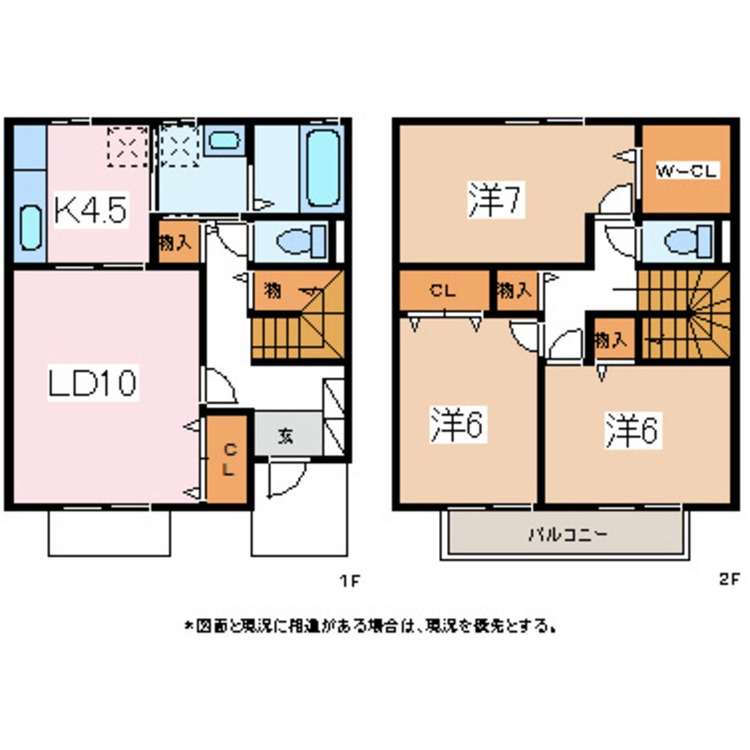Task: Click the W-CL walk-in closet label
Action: (686, 171)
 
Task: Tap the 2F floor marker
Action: (729, 582)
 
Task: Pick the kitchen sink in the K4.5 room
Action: (28, 230)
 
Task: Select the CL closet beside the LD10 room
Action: (228, 459)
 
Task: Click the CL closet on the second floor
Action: (443, 290)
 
